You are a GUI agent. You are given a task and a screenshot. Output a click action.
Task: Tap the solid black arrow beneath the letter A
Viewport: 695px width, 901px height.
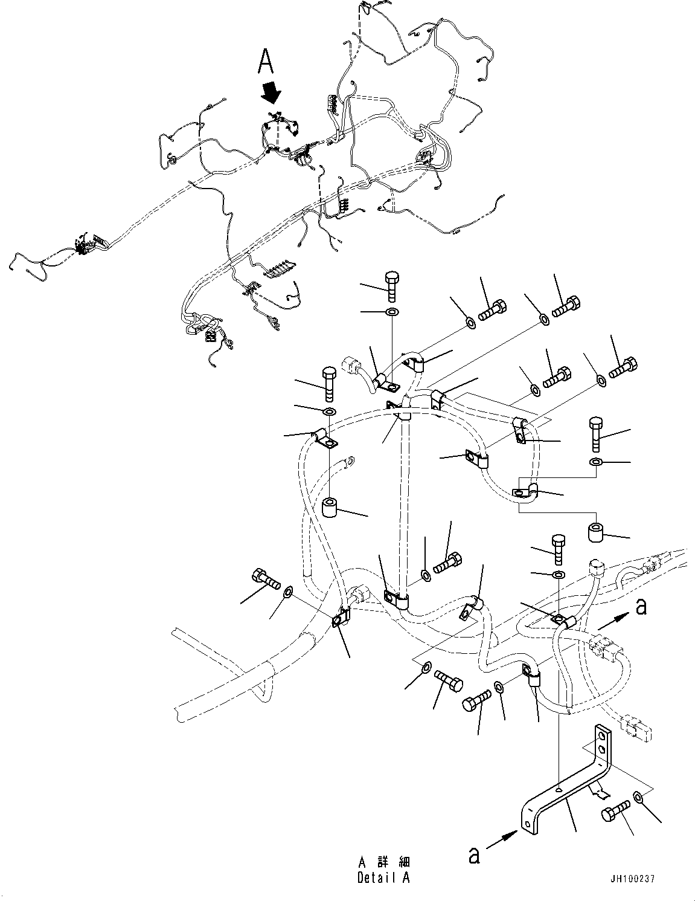[x=271, y=92]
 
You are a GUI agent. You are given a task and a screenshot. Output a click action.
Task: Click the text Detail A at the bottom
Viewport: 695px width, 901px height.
[x=383, y=877]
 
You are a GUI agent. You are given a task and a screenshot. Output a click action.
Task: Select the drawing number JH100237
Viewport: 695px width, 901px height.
[x=632, y=879]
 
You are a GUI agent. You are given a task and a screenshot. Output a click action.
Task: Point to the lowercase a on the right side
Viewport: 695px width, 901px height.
[x=641, y=606]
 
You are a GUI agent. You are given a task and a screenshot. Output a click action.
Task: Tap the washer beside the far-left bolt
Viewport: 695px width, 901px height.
[x=287, y=590]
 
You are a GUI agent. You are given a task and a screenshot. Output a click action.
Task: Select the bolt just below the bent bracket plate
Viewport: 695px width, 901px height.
[x=615, y=812]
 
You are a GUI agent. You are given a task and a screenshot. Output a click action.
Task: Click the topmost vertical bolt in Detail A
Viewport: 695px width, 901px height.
[x=392, y=286]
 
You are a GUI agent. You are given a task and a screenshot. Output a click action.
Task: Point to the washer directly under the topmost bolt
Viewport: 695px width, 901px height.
[x=392, y=312]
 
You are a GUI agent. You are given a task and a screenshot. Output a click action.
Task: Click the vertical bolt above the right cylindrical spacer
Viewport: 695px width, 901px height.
[x=595, y=433]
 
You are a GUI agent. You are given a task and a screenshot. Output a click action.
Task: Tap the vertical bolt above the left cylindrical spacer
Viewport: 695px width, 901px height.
[x=329, y=383]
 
